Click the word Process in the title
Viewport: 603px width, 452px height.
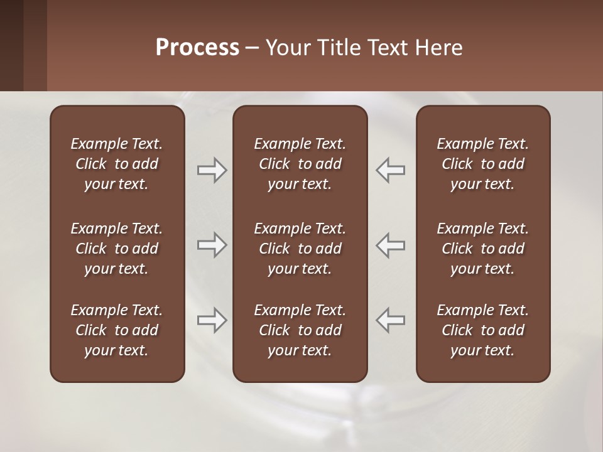tap(197, 48)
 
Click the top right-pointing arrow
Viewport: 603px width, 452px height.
tap(212, 170)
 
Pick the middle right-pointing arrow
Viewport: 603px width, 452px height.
tap(212, 245)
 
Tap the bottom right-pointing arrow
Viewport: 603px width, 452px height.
tap(212, 320)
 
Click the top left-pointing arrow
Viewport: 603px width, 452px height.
tap(390, 170)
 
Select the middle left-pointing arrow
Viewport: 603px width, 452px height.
tap(390, 245)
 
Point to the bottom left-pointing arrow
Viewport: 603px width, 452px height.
tap(390, 320)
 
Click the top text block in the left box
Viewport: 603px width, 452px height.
tap(117, 164)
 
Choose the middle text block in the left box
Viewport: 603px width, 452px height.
tap(117, 249)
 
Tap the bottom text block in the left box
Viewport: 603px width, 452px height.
tap(117, 330)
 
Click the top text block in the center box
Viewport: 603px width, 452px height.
tap(300, 164)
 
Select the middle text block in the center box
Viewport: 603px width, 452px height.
tap(300, 249)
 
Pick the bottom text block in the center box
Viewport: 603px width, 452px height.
tap(300, 330)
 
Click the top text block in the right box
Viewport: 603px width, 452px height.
tap(482, 164)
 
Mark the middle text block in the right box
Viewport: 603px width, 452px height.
tap(482, 249)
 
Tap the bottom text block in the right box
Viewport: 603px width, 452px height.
tap(482, 330)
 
